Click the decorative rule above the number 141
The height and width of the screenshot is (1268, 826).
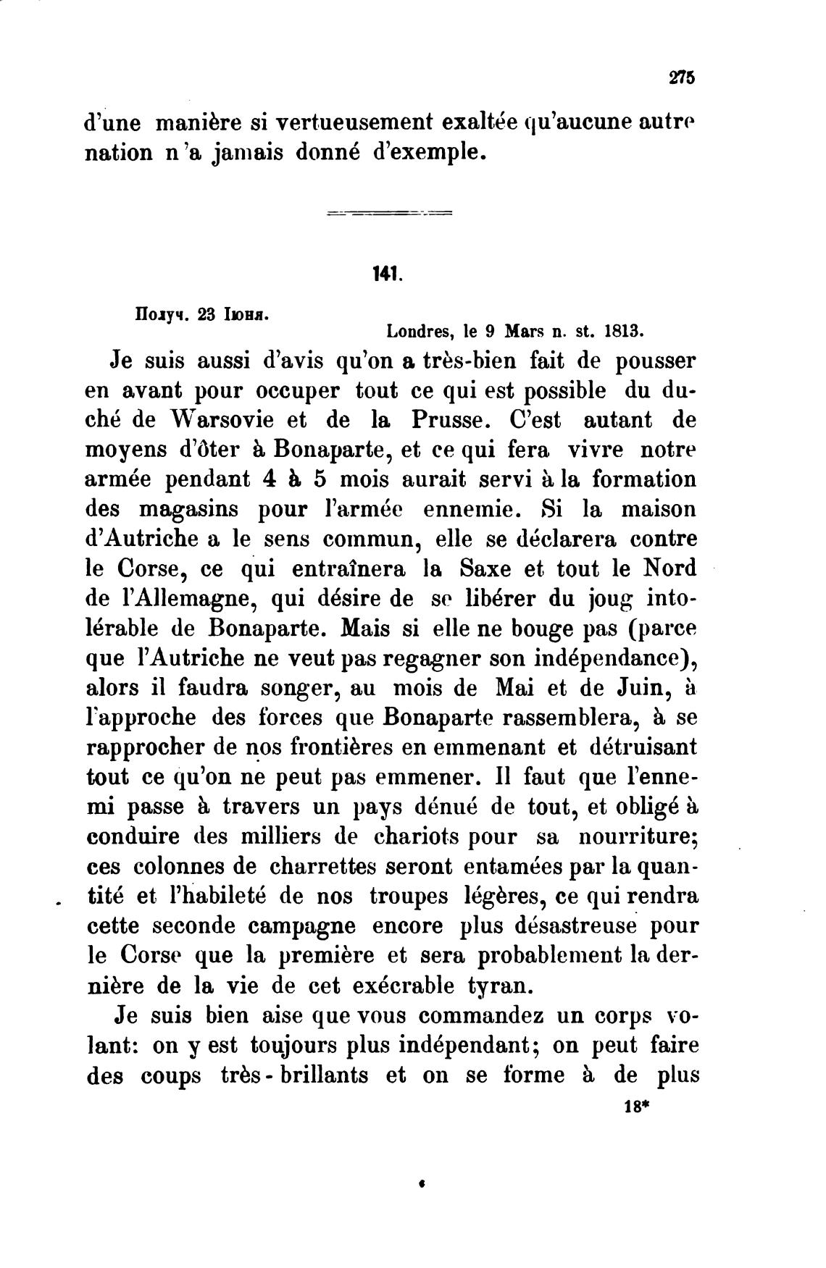coord(389,214)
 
